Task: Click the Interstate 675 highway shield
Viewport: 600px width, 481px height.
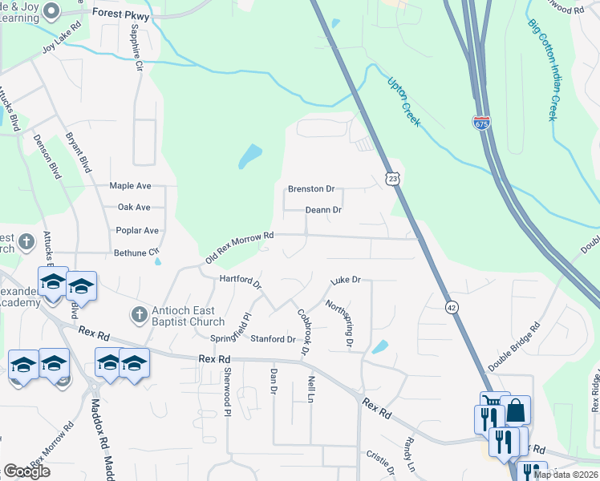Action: (x=481, y=123)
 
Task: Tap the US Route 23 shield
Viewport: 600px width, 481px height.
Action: (x=391, y=180)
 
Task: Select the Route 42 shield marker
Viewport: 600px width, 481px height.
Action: (x=452, y=306)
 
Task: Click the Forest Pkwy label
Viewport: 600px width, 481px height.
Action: (x=121, y=14)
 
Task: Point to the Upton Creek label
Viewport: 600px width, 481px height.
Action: (x=404, y=100)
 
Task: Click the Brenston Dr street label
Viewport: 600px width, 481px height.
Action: (x=310, y=190)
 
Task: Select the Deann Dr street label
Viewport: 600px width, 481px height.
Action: (x=323, y=210)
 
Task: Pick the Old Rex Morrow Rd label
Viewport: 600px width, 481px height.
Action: (x=240, y=247)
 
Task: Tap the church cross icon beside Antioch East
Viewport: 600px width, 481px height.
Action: (x=137, y=313)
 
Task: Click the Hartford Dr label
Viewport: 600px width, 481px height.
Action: (x=241, y=282)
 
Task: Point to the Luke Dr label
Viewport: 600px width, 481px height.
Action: (x=347, y=281)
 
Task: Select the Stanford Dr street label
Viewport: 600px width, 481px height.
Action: (x=273, y=339)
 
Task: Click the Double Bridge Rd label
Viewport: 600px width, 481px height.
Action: (x=514, y=346)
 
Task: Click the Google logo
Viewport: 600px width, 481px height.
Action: (x=26, y=471)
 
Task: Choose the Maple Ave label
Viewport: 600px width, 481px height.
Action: (x=130, y=186)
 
